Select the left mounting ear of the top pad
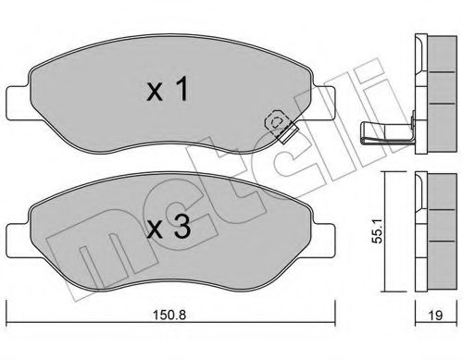[16, 97]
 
